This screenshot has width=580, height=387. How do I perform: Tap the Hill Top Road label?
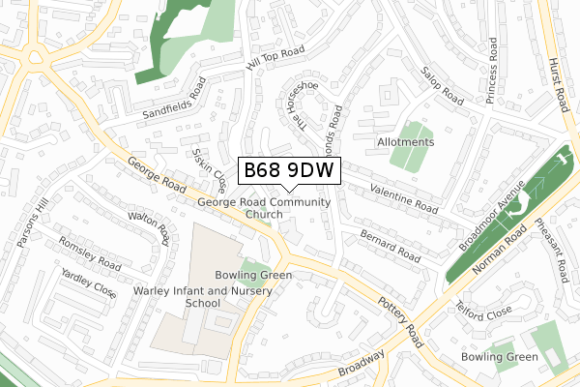pos(275,60)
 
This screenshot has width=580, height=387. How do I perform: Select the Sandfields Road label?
pos(173,98)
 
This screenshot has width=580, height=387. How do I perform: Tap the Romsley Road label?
pos(89,253)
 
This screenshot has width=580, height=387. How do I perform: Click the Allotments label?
pos(405,142)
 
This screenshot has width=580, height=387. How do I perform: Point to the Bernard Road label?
pos(389,245)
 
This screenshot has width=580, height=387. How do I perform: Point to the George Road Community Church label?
pos(263,208)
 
